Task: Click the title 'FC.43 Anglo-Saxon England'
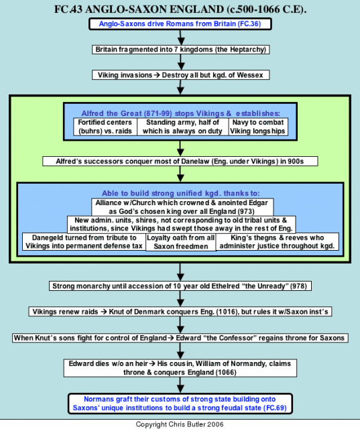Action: [x=180, y=9]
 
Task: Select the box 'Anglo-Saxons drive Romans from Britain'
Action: [x=180, y=24]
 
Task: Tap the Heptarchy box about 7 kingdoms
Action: [x=180, y=50]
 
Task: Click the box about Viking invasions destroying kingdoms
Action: [x=180, y=75]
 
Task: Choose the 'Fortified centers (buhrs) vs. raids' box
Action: [x=105, y=127]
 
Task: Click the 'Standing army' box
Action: [x=183, y=127]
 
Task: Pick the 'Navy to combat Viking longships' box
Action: [x=258, y=127]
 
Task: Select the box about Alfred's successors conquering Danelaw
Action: [x=180, y=161]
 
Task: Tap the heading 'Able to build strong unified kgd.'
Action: [x=181, y=193]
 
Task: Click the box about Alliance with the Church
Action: [x=182, y=207]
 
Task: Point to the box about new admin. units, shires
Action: [x=182, y=225]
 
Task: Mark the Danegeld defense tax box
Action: [x=84, y=242]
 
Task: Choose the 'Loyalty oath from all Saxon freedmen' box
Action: [x=181, y=242]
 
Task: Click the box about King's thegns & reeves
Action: [x=277, y=242]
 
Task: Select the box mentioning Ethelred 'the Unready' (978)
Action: [x=180, y=286]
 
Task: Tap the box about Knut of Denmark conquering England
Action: [x=180, y=312]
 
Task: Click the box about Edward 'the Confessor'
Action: [x=180, y=338]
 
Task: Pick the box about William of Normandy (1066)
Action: [x=180, y=368]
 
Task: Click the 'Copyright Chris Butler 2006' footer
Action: [x=180, y=424]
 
